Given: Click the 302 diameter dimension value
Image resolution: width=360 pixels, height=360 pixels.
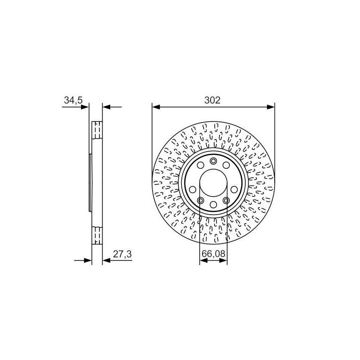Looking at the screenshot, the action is (212, 100).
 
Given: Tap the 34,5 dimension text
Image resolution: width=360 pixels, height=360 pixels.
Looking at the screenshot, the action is (73, 100).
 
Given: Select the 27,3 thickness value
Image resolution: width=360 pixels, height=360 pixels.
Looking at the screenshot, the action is (122, 254).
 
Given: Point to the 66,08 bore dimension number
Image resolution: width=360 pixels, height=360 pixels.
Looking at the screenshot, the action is (213, 254).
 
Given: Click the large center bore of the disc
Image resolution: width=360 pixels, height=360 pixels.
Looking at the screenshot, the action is (213, 183).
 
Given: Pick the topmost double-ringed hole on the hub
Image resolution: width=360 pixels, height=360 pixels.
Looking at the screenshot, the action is (213, 161).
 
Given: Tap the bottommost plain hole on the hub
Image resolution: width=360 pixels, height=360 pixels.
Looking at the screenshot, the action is (213, 204).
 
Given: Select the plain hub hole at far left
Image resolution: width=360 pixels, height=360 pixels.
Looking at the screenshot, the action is (193, 189).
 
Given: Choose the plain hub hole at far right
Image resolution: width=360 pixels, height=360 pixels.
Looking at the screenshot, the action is (234, 189).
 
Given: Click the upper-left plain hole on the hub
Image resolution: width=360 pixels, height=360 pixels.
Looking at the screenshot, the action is (200, 165).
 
